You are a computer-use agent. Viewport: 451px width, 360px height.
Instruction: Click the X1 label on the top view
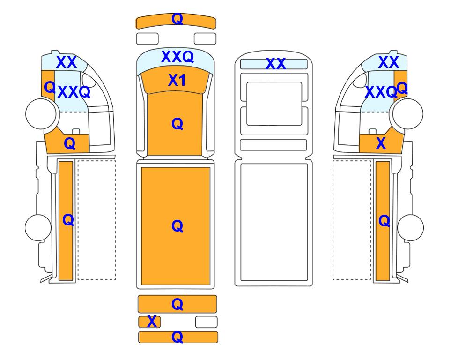(177, 80)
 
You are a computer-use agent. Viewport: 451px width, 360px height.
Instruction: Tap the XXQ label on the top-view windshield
(177, 56)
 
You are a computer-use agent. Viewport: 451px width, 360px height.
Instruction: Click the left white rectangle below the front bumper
(147, 39)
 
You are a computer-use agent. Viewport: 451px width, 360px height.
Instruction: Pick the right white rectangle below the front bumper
(205, 39)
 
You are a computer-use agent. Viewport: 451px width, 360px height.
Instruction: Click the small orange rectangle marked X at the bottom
(149, 322)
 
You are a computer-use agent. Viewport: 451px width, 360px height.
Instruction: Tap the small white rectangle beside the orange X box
(206, 322)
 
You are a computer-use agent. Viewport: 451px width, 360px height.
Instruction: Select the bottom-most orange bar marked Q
(178, 337)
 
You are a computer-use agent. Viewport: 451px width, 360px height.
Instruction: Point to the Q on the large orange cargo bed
(177, 226)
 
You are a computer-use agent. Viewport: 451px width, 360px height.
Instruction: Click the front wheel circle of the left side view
(41, 113)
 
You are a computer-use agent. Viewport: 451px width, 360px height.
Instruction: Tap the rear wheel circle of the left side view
(38, 227)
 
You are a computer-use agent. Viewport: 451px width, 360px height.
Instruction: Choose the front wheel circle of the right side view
(408, 113)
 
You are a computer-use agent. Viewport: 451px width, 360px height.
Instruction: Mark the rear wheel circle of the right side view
(410, 227)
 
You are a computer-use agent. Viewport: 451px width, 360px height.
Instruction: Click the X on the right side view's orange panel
(381, 143)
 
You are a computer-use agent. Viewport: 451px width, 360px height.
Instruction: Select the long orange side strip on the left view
(66, 221)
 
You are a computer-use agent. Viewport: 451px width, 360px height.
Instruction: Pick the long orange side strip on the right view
(383, 221)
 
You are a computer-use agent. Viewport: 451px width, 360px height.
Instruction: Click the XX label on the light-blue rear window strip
(275, 64)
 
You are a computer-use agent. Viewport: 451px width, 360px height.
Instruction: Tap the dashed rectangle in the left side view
(96, 220)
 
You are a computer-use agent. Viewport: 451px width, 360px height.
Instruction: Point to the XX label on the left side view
(67, 62)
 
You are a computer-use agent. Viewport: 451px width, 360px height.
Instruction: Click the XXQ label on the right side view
(381, 92)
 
